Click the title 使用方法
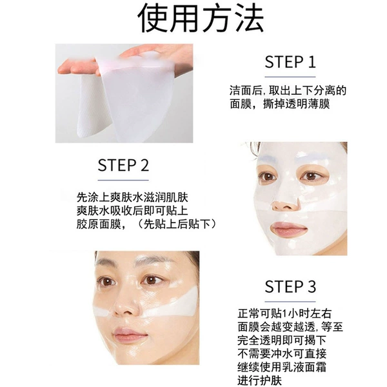[201, 18]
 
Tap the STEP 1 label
[290, 62]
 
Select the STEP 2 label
[123, 165]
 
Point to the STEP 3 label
[290, 286]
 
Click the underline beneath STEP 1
[290, 77]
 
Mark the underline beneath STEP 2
[123, 180]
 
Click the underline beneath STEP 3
[290, 301]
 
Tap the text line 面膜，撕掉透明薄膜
[280, 104]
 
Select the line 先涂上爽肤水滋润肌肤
[132, 197]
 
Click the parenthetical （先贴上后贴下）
[177, 224]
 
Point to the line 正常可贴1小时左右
[284, 313]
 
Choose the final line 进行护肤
[260, 381]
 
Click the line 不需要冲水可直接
[282, 353]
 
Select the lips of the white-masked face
[289, 229]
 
